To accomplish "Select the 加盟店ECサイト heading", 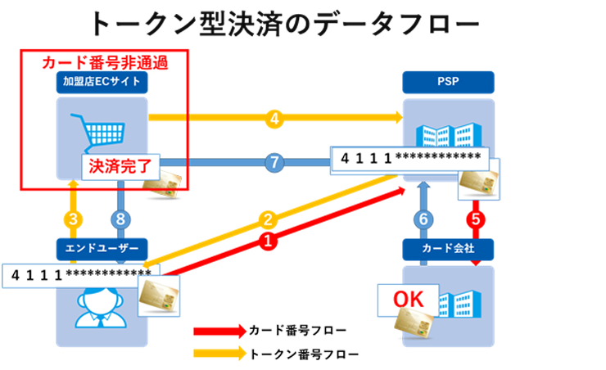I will click(102, 80).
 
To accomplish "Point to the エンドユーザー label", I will click(102, 246).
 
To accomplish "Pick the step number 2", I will click(267, 219).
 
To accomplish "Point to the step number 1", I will click(267, 241).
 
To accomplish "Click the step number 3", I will click(73, 219).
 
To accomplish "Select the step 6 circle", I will click(423, 219).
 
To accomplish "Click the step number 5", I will click(475, 219).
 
